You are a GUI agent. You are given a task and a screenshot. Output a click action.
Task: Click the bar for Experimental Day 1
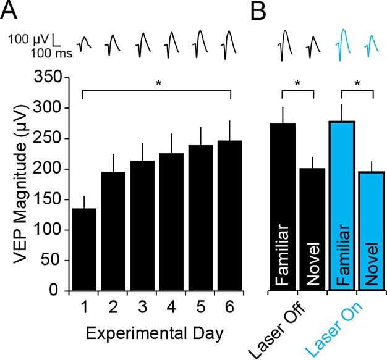pos(82,249)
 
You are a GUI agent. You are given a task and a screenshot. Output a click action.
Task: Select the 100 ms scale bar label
pos(52,54)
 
